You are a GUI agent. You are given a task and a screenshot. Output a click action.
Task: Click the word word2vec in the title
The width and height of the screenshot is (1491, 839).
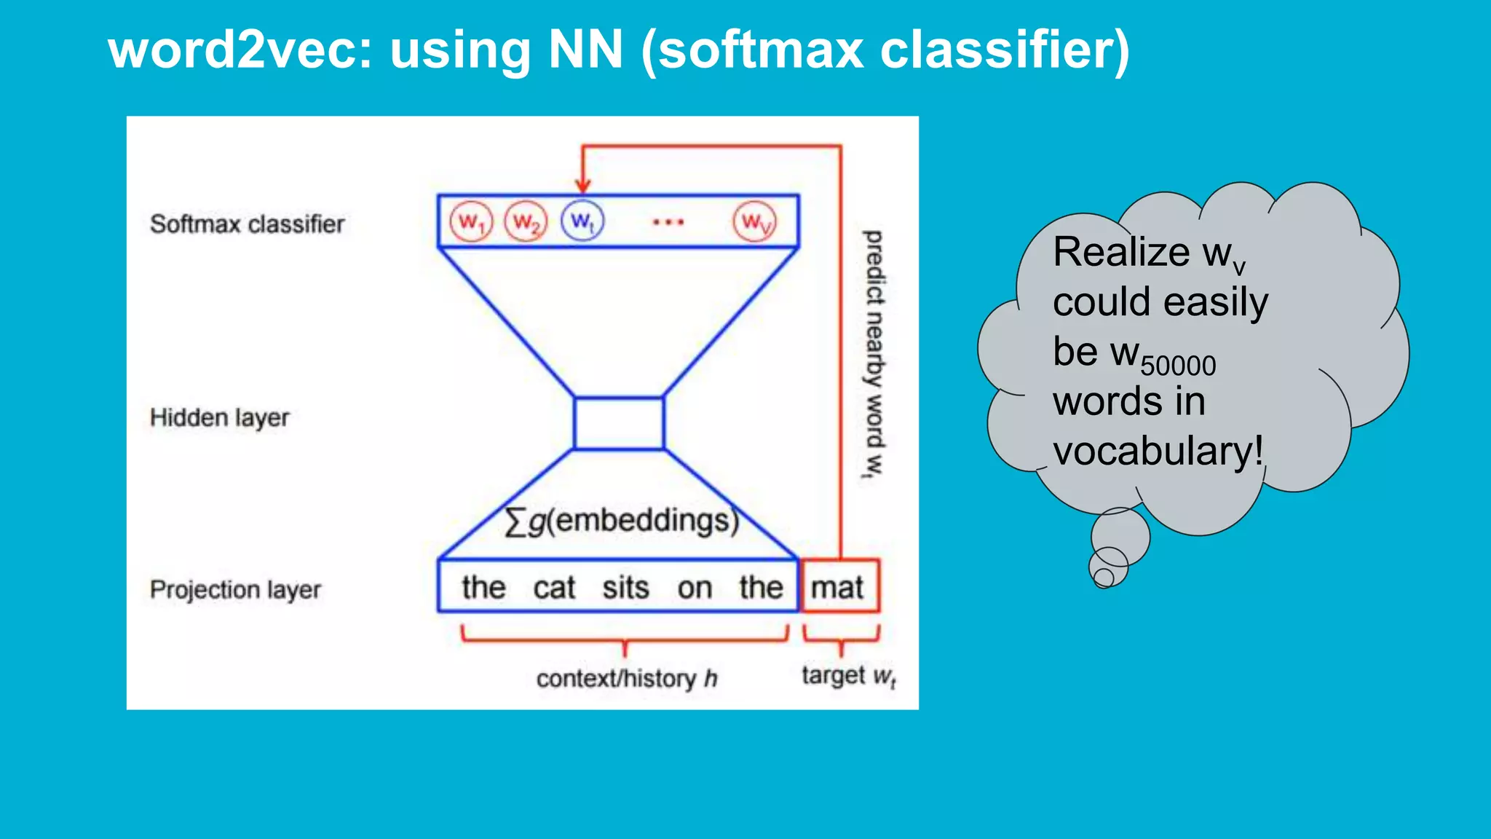click(240, 51)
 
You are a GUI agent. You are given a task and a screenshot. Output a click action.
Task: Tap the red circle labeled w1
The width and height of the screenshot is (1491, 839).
click(471, 221)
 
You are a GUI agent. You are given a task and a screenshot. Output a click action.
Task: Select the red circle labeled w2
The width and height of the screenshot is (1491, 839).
click(526, 221)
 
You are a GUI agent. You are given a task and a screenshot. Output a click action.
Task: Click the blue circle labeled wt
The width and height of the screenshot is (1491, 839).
click(582, 221)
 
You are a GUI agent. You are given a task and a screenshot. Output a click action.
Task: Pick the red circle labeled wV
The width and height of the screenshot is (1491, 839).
click(755, 221)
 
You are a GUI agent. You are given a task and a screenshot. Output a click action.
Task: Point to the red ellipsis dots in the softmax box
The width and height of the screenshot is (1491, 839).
click(668, 222)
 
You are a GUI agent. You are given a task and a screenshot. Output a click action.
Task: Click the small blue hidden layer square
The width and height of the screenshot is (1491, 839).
click(619, 423)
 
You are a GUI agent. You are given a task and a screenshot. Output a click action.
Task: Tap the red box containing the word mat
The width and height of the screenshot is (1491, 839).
click(839, 586)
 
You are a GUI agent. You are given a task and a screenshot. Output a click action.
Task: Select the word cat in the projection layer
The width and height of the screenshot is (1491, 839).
click(554, 588)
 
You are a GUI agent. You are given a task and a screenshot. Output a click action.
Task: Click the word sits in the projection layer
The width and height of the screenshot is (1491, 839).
click(625, 588)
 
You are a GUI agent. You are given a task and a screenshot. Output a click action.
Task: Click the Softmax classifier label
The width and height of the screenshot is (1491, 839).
click(247, 224)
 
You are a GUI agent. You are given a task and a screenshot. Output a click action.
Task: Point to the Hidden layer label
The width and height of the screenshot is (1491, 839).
click(219, 418)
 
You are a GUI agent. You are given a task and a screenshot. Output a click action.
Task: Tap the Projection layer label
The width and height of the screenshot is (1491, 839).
click(235, 590)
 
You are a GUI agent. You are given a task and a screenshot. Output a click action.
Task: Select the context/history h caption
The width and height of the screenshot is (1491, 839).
click(627, 679)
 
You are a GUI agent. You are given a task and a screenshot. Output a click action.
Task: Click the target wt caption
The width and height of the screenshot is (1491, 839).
click(848, 676)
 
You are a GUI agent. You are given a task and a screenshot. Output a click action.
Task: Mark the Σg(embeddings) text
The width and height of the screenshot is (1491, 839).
click(621, 521)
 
